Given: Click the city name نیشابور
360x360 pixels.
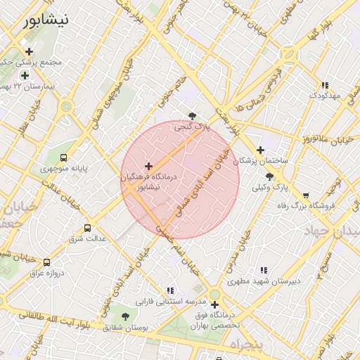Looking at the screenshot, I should point(46,20).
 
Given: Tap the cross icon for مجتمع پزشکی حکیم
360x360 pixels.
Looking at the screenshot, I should point(29,51).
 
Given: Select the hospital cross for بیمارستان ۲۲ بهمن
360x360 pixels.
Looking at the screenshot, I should point(25,75).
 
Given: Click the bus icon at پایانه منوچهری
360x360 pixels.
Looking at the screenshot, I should point(64,158).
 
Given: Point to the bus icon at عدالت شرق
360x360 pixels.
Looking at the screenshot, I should point(88,229).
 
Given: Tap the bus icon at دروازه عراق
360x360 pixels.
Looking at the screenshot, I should point(47,262).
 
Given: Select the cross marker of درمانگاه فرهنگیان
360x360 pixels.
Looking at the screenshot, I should point(148,167).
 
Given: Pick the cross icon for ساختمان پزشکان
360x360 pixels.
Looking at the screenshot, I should point(260,150).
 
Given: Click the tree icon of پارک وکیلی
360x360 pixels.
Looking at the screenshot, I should point(270,176).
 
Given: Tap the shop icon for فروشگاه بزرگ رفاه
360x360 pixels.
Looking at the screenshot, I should point(305,195).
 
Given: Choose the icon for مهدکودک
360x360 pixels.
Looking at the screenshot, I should point(324,84).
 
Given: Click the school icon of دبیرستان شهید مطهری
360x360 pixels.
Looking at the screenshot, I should point(264,269).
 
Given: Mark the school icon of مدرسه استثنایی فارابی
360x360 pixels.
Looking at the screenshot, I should point(169,290).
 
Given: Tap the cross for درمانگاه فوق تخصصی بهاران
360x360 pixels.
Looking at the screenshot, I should point(214,304).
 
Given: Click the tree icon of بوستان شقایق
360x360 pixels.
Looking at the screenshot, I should point(126,317).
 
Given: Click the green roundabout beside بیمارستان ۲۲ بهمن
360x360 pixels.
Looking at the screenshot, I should point(67,107).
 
